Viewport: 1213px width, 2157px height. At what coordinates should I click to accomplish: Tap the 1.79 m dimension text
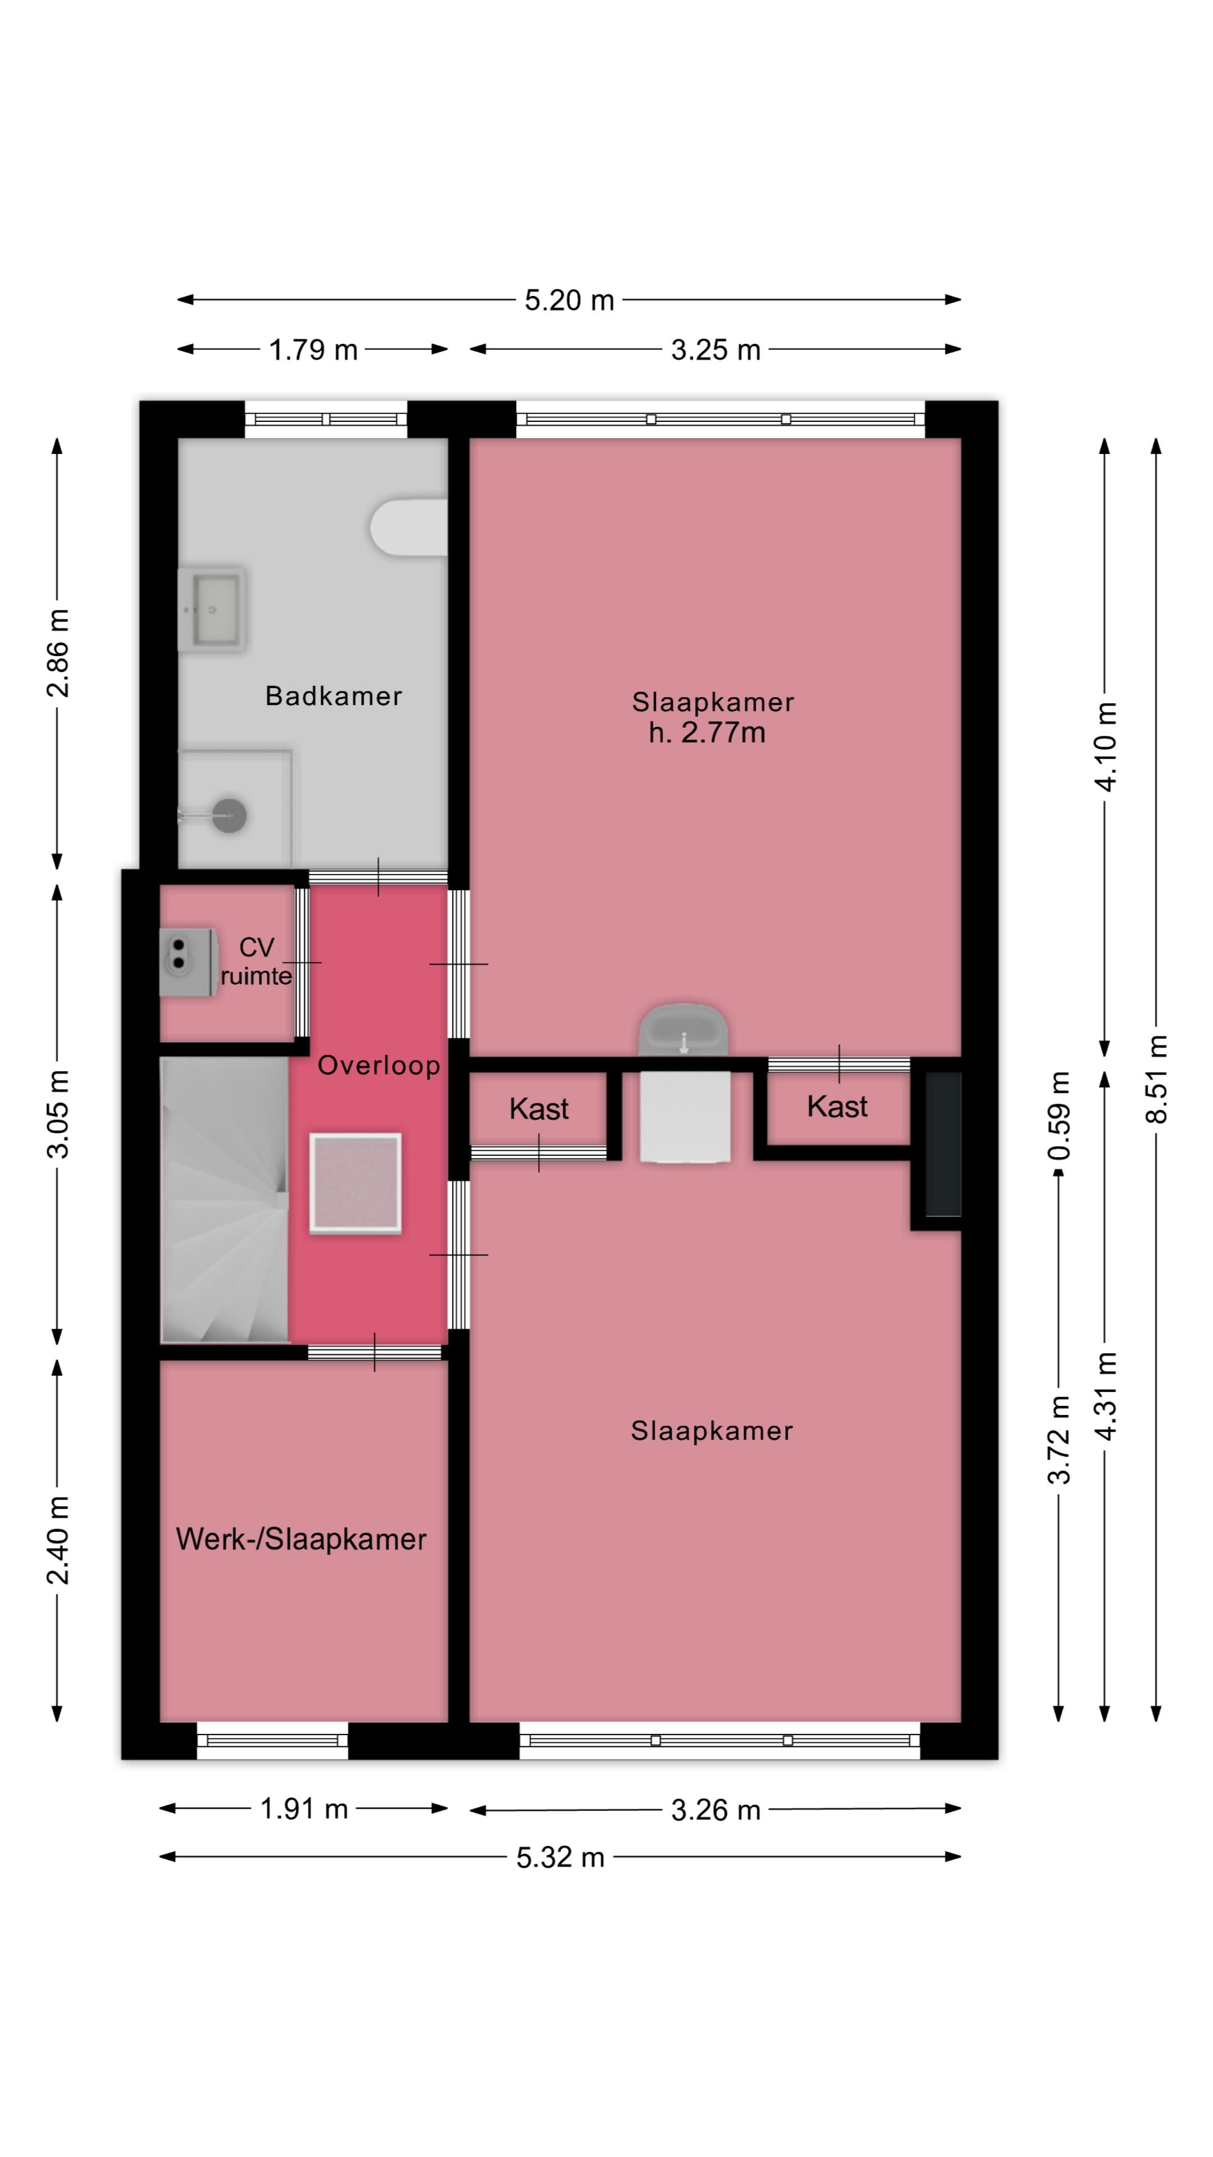tap(313, 349)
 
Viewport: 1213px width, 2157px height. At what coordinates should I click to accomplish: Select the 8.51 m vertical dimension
tap(1156, 1078)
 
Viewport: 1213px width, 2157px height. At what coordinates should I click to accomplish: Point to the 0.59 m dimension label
tap(1059, 1114)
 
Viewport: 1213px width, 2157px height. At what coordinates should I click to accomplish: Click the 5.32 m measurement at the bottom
tap(560, 1856)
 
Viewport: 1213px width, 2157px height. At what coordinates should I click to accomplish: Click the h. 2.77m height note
tap(706, 732)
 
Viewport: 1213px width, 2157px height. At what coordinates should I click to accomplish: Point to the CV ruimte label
tap(256, 961)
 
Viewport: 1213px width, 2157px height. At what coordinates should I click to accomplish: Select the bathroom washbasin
tap(212, 609)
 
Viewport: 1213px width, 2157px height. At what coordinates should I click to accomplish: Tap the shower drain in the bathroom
tap(229, 814)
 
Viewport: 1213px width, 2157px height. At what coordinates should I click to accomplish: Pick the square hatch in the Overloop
tap(355, 1182)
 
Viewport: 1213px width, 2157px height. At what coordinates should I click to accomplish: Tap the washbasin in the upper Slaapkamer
tap(683, 1031)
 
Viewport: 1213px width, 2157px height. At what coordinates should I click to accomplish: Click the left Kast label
tap(539, 1109)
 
